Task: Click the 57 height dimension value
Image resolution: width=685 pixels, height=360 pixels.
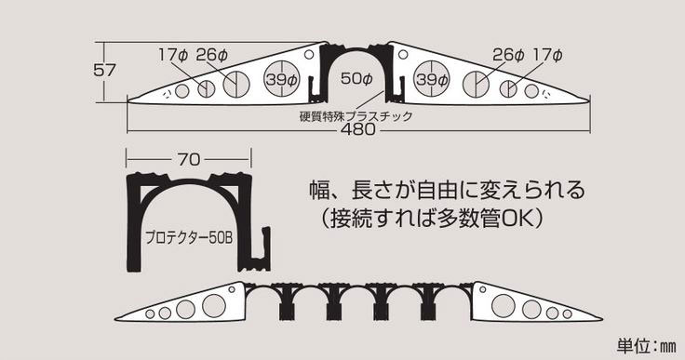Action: coord(104,70)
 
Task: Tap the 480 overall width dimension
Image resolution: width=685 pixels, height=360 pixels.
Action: coord(357,129)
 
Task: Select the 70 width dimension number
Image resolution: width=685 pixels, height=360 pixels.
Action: coord(189,159)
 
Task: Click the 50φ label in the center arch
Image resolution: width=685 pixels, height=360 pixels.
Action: coord(356,79)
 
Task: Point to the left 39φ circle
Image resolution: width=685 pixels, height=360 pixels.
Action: coord(282,79)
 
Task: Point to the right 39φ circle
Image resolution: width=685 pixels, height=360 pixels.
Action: coord(432,79)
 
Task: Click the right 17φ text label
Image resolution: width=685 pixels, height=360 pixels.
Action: coord(547,55)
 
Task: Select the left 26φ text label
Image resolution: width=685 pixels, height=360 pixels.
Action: coord(212,55)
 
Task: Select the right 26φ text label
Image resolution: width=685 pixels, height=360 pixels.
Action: coord(508,55)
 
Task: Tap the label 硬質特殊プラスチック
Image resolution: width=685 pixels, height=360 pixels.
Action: coord(356,116)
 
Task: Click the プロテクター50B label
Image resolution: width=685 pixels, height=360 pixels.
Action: coord(189,238)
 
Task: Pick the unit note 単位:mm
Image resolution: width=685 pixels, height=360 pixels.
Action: coord(647,346)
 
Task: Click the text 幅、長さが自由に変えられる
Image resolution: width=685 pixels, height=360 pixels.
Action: coord(447,190)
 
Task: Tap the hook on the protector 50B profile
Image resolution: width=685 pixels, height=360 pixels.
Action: coord(261,250)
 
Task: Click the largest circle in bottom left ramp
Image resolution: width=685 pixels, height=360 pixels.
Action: coord(214,305)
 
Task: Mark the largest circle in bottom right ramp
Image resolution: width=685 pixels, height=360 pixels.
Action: coord(504,305)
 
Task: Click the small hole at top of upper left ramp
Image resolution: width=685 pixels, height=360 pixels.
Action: coord(309,55)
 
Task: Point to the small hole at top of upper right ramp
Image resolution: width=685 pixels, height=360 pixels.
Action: coord(403,55)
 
